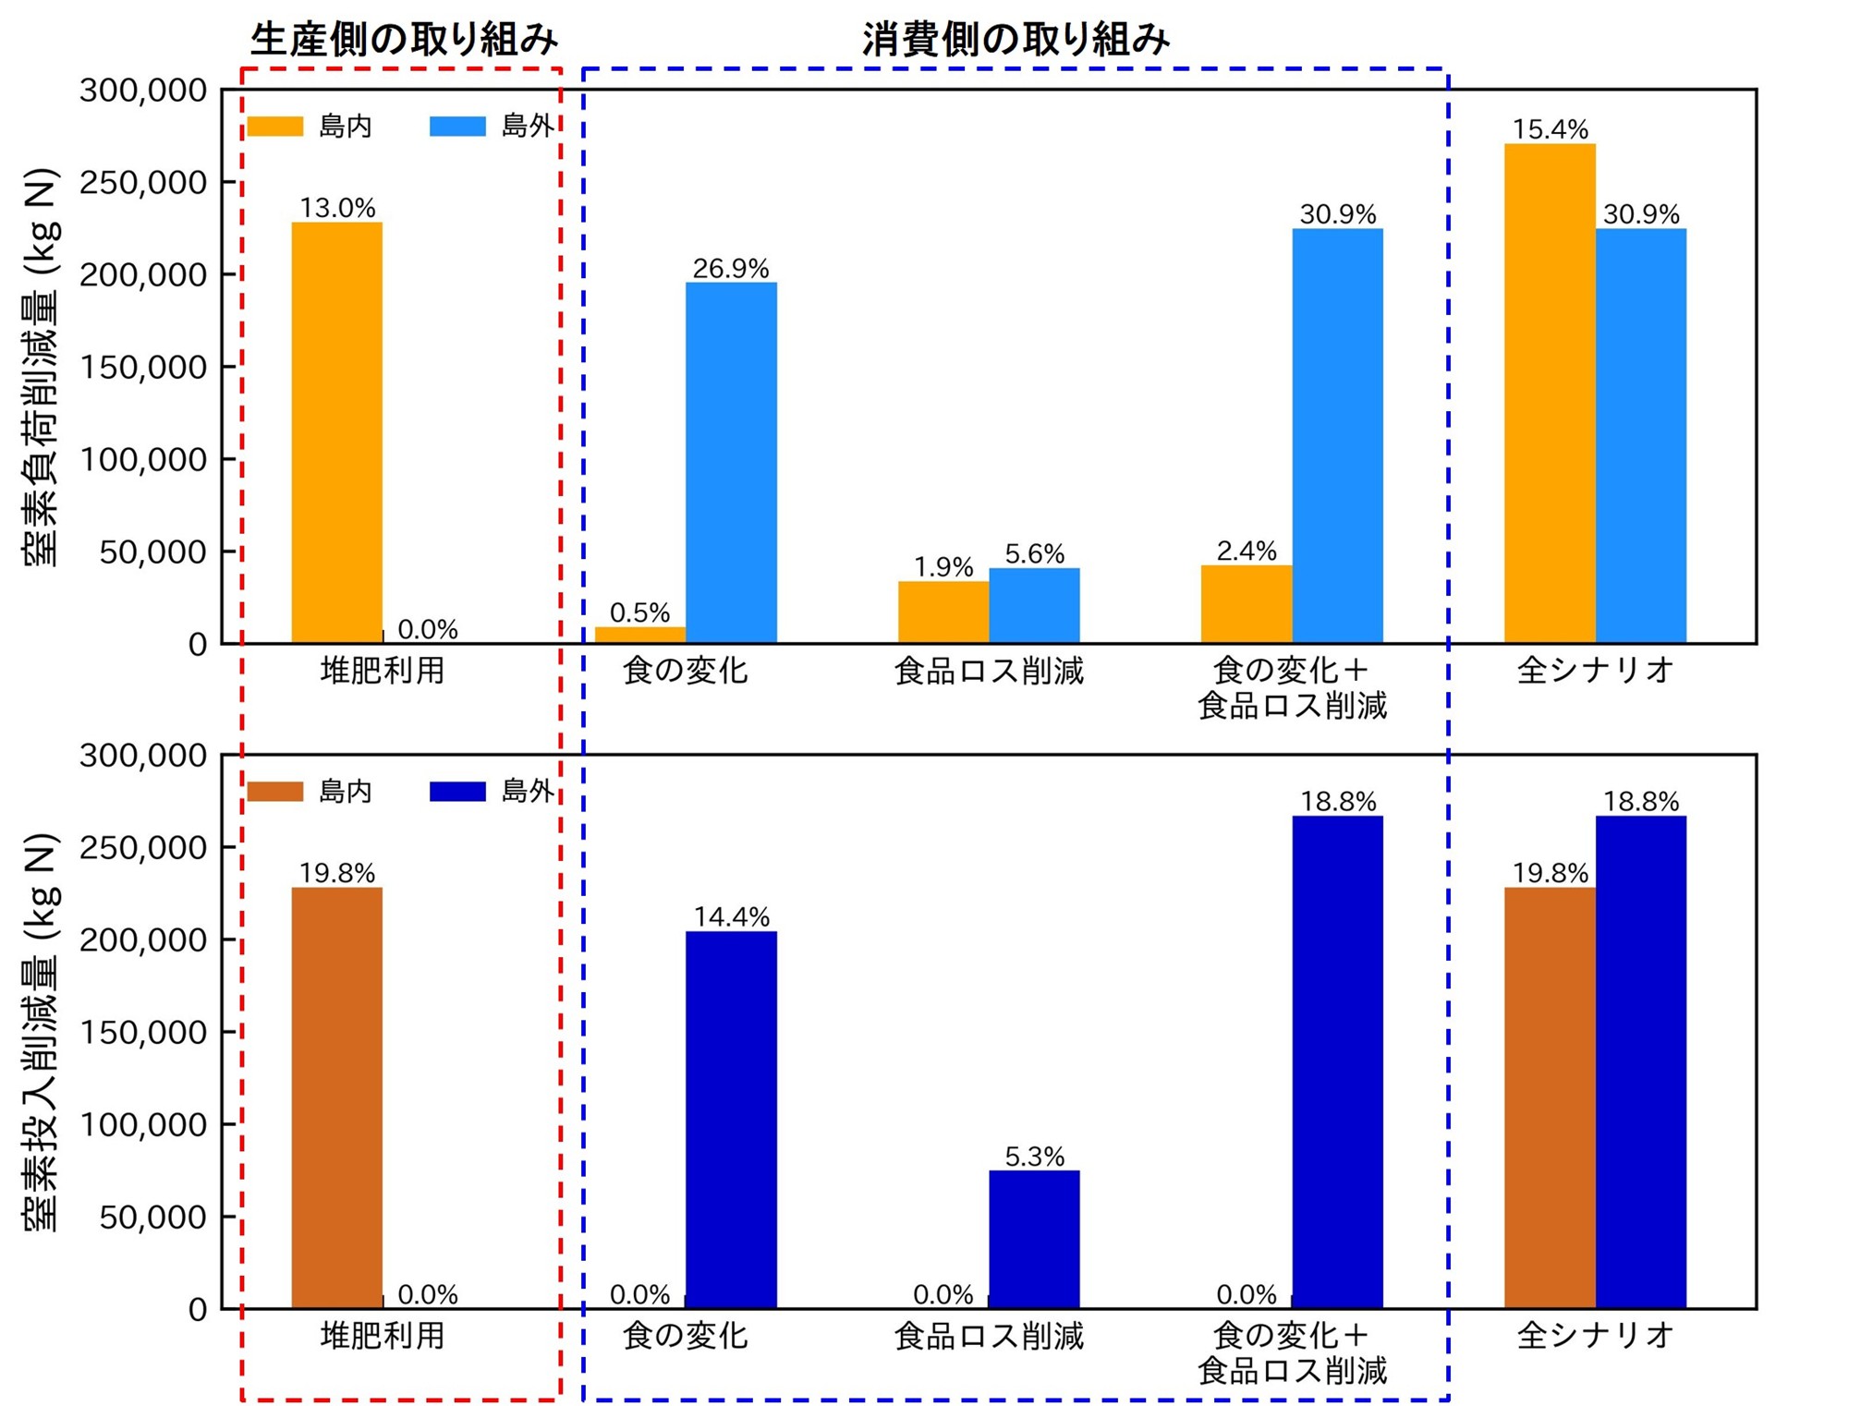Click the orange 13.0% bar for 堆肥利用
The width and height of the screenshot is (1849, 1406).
(x=337, y=432)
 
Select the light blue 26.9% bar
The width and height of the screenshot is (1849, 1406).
(x=731, y=462)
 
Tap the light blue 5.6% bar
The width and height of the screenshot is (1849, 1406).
(x=1034, y=605)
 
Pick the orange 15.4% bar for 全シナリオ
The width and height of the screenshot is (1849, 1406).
(x=1550, y=393)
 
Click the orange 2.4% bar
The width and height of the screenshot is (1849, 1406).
(x=1246, y=603)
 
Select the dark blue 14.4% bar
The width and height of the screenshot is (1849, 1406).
(x=731, y=1119)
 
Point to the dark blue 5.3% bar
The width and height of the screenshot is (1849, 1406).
(x=1034, y=1239)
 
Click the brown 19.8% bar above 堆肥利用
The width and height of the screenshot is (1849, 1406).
(x=337, y=1097)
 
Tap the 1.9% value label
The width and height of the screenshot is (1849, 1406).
(x=943, y=566)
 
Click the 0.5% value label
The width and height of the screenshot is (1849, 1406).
(x=639, y=612)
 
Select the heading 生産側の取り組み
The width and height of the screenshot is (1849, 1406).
(x=404, y=40)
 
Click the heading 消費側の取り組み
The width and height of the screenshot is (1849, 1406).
(x=1016, y=40)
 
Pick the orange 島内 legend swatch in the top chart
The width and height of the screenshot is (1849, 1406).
(x=275, y=127)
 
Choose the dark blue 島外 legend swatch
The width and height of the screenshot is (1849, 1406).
(x=457, y=792)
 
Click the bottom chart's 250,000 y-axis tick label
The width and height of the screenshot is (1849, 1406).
(x=143, y=848)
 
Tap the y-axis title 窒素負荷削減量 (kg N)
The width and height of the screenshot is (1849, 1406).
(x=42, y=368)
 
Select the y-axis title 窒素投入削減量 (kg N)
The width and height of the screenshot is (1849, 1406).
(x=42, y=1033)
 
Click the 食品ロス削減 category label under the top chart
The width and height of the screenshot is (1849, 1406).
(x=989, y=671)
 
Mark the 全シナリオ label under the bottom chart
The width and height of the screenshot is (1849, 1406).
(x=1595, y=1335)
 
